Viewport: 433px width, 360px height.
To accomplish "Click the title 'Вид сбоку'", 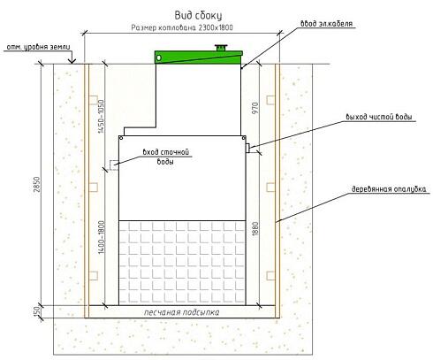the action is coord(198,16).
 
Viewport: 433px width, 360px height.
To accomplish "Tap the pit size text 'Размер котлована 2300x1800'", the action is coord(182,27).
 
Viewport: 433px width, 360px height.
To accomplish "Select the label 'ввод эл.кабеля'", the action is coord(326,24).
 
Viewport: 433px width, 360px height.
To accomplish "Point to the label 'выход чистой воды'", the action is coord(379,117).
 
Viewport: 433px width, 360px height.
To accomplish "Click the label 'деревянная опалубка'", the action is coord(389,189).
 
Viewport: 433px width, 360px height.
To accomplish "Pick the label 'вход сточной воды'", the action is coord(165,157).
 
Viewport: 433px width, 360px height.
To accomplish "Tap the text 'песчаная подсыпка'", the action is coord(181,312).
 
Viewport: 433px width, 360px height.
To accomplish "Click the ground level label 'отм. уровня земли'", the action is coord(38,47).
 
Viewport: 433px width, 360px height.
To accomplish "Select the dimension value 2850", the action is coord(36,185).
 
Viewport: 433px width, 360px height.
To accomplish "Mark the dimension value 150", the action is coord(36,311).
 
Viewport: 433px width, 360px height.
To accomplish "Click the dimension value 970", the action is coord(255,108).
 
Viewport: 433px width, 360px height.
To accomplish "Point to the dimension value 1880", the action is coord(255,229).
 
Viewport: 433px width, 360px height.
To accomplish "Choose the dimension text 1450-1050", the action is coord(101,116).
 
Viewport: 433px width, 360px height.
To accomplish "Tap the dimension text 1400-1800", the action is coord(102,237).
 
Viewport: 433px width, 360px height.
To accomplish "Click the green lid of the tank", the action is coord(198,57).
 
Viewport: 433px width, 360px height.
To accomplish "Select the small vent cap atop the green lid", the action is coord(220,48).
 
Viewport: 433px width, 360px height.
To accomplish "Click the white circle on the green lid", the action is coord(159,57).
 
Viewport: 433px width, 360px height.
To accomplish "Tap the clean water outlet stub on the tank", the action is coord(247,148).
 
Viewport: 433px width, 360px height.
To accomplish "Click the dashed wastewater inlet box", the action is coord(114,165).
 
